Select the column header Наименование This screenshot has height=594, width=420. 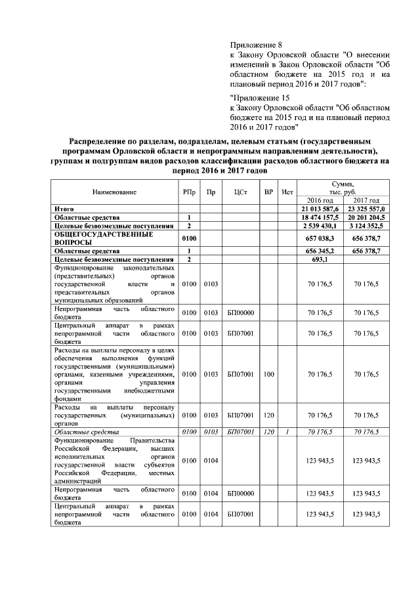[x=114, y=192]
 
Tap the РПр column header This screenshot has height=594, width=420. [x=188, y=192]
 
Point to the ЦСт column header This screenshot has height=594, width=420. [x=240, y=192]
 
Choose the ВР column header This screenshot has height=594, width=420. [x=268, y=192]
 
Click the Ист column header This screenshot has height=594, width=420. [x=286, y=192]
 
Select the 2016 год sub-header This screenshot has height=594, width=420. [x=320, y=200]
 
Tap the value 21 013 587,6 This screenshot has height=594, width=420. [x=320, y=208]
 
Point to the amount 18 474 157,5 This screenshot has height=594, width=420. [x=320, y=217]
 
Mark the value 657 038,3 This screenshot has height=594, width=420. [x=320, y=238]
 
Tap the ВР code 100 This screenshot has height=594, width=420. [x=268, y=375]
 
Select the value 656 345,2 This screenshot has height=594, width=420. [x=320, y=251]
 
